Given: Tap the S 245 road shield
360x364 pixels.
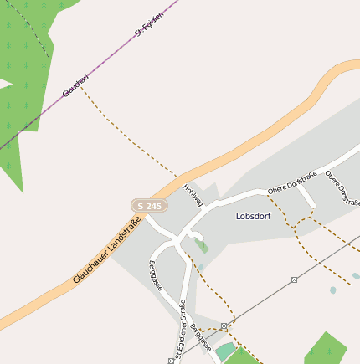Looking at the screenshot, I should [x=149, y=205].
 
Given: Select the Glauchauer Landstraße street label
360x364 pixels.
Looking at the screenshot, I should [x=106, y=249].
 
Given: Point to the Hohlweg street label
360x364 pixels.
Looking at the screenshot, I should [x=193, y=195].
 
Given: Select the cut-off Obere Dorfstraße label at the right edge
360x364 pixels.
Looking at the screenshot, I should [x=343, y=187].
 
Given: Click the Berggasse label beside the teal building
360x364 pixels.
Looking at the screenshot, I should [x=200, y=336].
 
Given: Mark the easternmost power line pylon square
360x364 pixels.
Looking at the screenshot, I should [x=294, y=279].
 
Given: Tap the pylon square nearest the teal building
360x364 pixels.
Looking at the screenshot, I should [x=224, y=326].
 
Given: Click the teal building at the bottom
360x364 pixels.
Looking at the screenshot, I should [x=224, y=351].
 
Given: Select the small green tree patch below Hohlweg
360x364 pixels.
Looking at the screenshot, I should [x=203, y=247].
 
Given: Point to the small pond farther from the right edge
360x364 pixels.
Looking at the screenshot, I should [x=333, y=290].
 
